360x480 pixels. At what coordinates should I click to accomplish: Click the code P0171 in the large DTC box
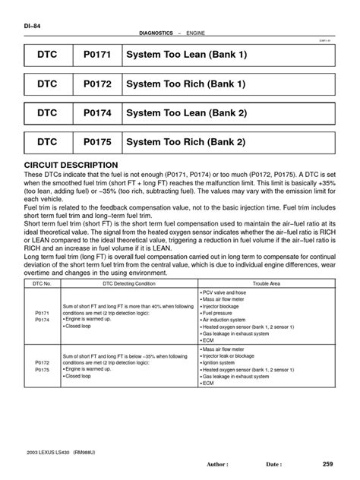point(93,55)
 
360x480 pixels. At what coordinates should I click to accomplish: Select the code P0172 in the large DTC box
point(93,84)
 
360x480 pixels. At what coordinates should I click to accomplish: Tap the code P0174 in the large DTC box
point(93,112)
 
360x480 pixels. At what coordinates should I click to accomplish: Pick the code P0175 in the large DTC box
point(93,141)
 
